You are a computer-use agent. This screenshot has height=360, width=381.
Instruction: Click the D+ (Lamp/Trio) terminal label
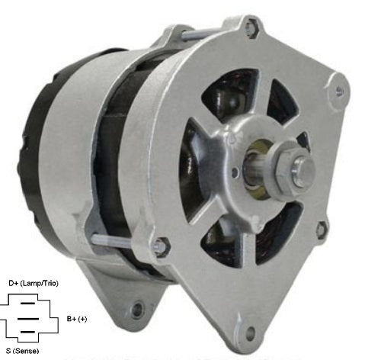[32, 284]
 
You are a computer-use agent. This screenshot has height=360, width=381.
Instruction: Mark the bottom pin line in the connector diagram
[29, 332]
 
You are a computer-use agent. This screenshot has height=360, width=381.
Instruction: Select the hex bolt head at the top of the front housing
[249, 30]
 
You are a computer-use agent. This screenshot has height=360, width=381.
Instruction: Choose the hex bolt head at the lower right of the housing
[322, 228]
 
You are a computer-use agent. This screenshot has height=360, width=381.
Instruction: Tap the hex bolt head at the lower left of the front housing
[160, 246]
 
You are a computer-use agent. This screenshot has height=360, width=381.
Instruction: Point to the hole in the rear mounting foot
[138, 310]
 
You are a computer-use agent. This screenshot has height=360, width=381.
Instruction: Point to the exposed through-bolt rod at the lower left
[122, 240]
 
